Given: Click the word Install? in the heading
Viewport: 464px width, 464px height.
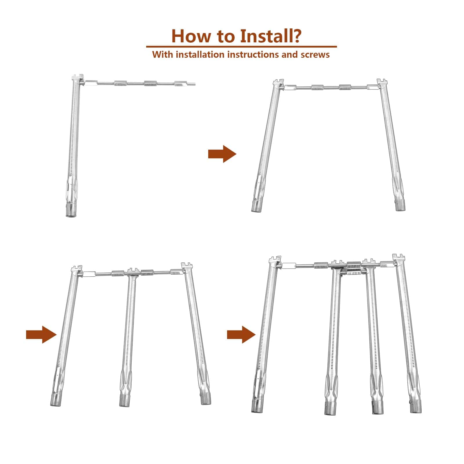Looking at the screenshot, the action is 271,36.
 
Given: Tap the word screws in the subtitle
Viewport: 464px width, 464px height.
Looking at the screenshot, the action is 315,55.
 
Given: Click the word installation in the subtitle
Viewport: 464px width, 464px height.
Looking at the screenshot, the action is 200,55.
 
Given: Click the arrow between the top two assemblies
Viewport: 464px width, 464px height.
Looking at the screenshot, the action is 222,154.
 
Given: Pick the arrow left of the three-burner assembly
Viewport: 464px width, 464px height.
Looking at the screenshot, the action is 41,334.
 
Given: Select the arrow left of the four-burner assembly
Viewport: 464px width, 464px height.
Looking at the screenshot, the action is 241,334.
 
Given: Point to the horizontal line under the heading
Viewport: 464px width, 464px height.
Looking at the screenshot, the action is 242,46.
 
